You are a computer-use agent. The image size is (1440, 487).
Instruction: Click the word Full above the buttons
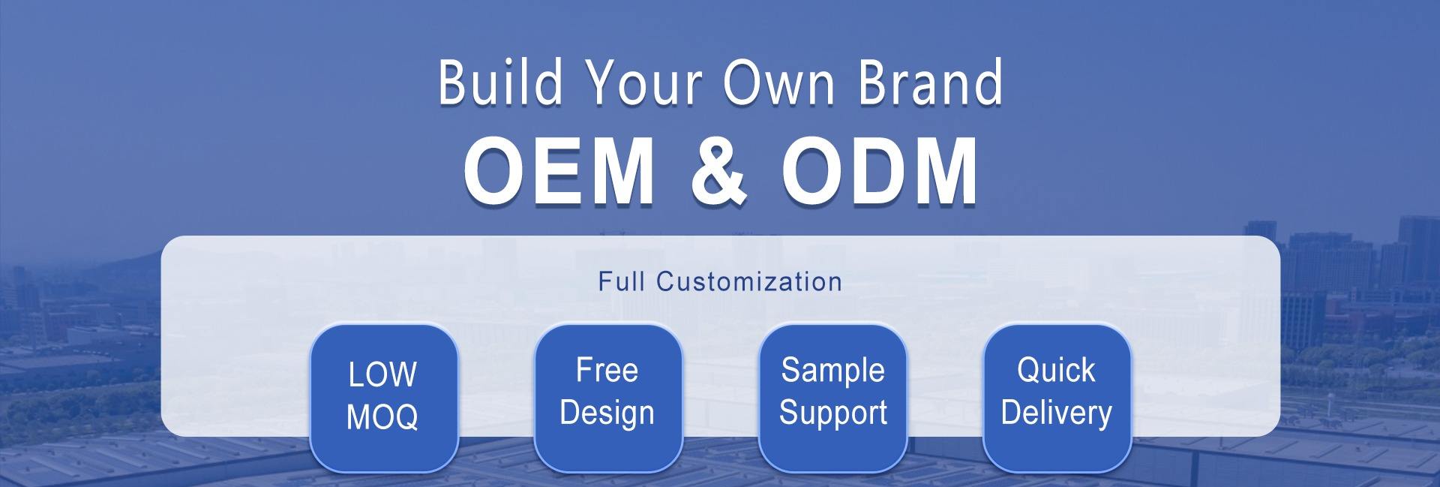click(622, 281)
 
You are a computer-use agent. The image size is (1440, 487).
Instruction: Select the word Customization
click(749, 281)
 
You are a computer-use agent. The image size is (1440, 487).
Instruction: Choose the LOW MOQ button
click(383, 398)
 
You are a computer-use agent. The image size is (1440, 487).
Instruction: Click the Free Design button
click(607, 398)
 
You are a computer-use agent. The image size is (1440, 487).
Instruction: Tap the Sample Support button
click(832, 398)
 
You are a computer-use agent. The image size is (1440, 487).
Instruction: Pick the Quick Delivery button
click(1056, 398)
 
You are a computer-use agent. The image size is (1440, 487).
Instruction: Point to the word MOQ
click(382, 417)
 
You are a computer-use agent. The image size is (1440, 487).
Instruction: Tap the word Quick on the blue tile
click(1056, 371)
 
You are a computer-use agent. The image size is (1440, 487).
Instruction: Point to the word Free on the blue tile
click(607, 371)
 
